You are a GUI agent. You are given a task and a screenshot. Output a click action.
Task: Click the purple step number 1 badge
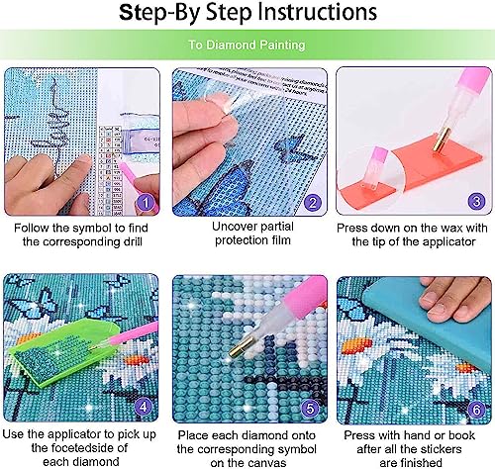click(147, 202)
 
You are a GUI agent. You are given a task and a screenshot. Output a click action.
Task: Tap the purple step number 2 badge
click(313, 202)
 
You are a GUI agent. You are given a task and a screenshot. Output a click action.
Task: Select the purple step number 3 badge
click(476, 201)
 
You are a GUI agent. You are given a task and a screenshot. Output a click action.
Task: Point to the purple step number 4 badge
click(144, 406)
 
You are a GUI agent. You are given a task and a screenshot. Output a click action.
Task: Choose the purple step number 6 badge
click(477, 410)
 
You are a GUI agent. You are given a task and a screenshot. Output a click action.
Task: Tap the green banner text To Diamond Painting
click(247, 45)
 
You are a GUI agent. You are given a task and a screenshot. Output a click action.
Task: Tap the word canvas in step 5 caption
click(267, 463)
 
